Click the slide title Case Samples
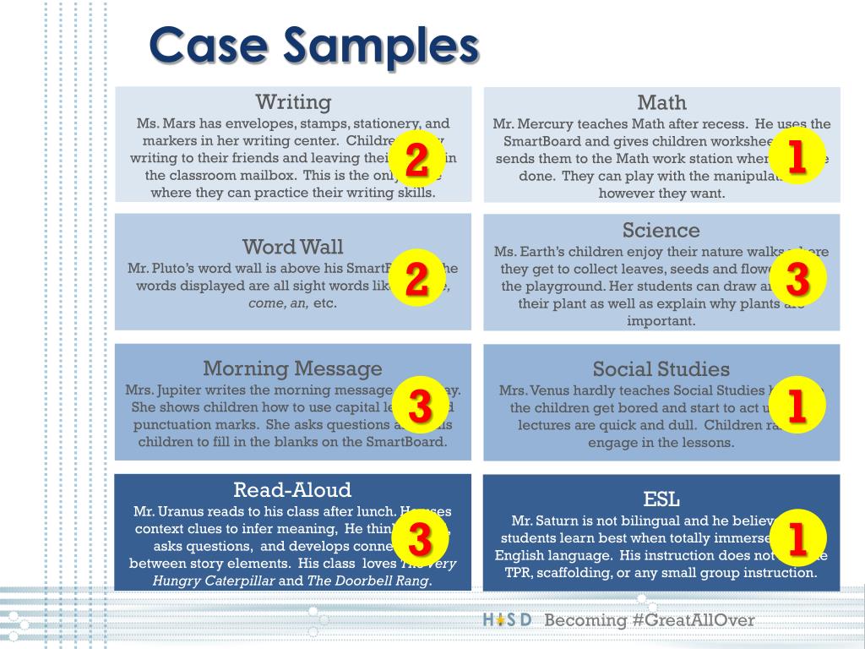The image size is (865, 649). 313,46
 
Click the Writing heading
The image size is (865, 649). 293,102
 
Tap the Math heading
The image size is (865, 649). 661,103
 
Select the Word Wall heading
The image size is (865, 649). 292,247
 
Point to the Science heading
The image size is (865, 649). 661,230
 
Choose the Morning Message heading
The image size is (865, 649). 292,368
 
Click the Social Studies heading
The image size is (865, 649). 661,369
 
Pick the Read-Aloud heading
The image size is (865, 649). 292,490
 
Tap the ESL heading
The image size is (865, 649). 661,499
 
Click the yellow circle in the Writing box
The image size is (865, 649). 416,160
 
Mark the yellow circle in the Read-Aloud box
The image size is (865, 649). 420,537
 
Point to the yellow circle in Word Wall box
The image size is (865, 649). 416,279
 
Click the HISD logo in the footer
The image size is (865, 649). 507,620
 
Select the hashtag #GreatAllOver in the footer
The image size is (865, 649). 692,620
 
